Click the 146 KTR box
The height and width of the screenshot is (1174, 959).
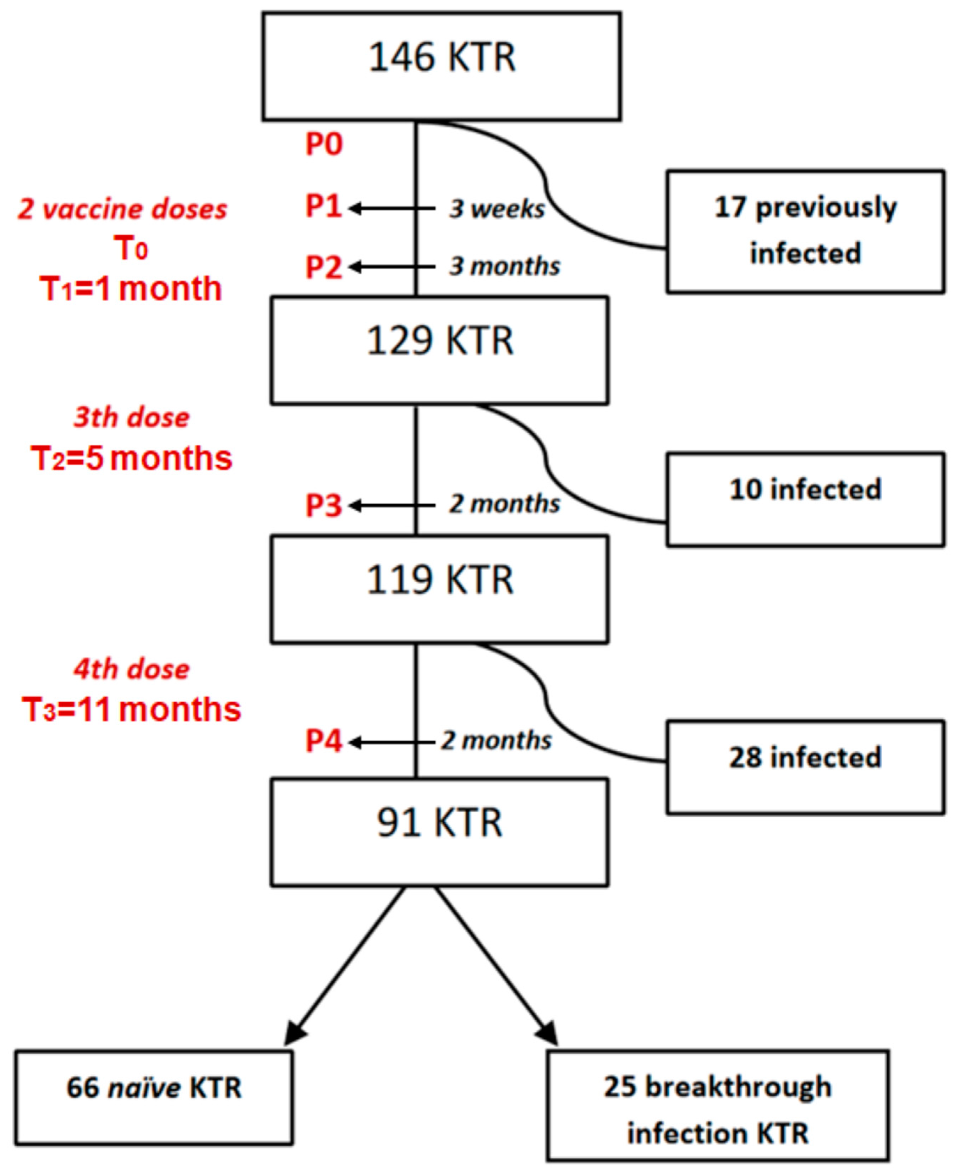click(442, 66)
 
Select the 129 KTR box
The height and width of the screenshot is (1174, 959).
click(440, 350)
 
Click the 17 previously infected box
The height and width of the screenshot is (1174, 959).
click(805, 231)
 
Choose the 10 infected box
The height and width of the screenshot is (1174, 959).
click(805, 499)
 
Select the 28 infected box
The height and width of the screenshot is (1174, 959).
click(805, 767)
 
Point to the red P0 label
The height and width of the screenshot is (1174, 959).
click(324, 145)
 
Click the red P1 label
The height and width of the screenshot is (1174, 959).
click(324, 206)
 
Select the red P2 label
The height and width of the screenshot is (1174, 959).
click(324, 267)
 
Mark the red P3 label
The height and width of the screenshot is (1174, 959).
click(324, 505)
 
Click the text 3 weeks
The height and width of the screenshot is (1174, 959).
click(497, 209)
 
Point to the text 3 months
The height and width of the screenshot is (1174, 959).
click(504, 266)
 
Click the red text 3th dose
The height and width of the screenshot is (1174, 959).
click(131, 418)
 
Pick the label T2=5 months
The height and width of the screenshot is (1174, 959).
click(131, 459)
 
